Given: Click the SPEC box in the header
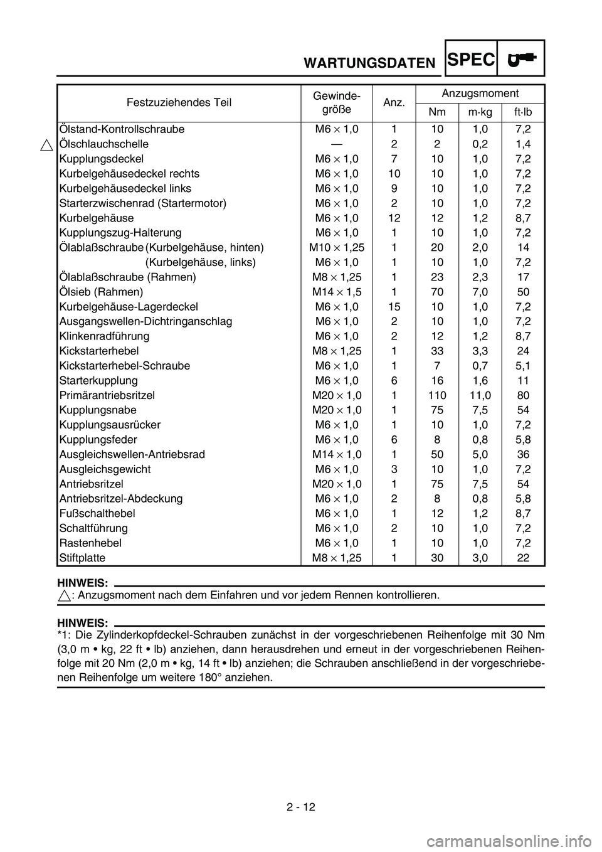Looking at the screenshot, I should pos(471,59).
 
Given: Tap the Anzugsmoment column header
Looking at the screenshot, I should pos(480,93).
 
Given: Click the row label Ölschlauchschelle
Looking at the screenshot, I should pos(103,144).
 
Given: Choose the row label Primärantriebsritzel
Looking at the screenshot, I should pos(107,395).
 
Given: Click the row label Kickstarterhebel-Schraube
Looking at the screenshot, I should pos(124,366).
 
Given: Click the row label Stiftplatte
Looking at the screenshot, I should pos(82,558).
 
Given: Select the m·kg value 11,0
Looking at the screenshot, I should pos(480,395).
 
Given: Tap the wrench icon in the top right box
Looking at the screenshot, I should pos(522,59).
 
